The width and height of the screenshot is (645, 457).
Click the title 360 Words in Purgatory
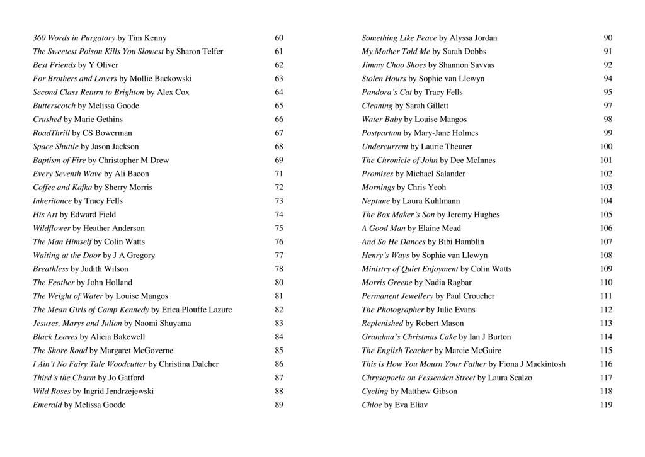pos(74,38)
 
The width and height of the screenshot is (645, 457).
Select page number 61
pos(279,52)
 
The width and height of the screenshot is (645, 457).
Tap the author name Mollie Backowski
pos(161,79)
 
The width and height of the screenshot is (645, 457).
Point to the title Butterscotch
pos(54,106)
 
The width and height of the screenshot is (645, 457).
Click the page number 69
pos(279,161)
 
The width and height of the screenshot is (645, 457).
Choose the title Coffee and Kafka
pos(62,188)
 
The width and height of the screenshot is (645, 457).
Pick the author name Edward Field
pos(93,215)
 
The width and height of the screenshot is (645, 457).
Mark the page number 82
pos(279,310)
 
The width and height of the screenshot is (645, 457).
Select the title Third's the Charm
pos(64,378)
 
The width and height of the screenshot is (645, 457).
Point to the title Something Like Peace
pos(399,38)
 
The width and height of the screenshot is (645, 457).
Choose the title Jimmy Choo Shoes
pos(394,65)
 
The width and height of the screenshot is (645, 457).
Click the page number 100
pos(606,147)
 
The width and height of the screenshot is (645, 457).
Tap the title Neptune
pos(376,201)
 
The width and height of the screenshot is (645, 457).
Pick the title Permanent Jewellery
pos(397,296)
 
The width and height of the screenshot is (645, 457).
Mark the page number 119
pos(606,405)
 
